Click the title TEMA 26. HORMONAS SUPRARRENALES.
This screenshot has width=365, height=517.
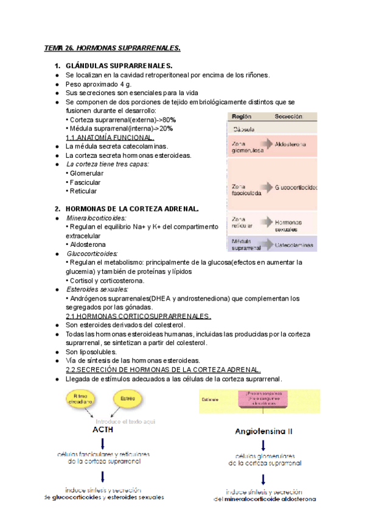[113, 48]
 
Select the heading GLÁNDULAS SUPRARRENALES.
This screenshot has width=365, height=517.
[119, 66]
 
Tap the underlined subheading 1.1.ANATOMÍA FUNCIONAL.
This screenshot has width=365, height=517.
[109, 138]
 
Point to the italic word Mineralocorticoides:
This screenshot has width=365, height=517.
[96, 218]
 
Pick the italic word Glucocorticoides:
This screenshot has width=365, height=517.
[92, 253]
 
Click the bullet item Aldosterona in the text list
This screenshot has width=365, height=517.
[88, 244]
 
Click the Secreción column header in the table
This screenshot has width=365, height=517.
[288, 116]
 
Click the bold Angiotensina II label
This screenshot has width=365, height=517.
[263, 431]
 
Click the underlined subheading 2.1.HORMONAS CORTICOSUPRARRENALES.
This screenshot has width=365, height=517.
[138, 316]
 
